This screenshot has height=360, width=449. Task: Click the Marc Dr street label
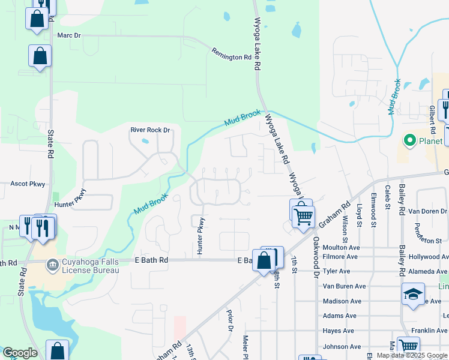click(68, 35)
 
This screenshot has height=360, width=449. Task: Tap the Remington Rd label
click(231, 54)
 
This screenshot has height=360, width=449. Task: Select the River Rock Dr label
click(151, 130)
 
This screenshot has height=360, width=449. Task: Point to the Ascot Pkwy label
click(28, 184)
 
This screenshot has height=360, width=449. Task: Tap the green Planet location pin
click(411, 142)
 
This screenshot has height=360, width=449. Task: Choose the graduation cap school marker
click(413, 294)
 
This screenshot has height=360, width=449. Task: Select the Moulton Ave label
click(340, 247)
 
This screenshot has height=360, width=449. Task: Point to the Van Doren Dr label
click(425, 212)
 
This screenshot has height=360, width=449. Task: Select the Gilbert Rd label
click(431, 120)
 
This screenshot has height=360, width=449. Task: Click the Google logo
click(20, 353)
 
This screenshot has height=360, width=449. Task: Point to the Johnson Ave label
click(342, 346)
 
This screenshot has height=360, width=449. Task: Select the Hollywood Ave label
click(429, 256)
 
